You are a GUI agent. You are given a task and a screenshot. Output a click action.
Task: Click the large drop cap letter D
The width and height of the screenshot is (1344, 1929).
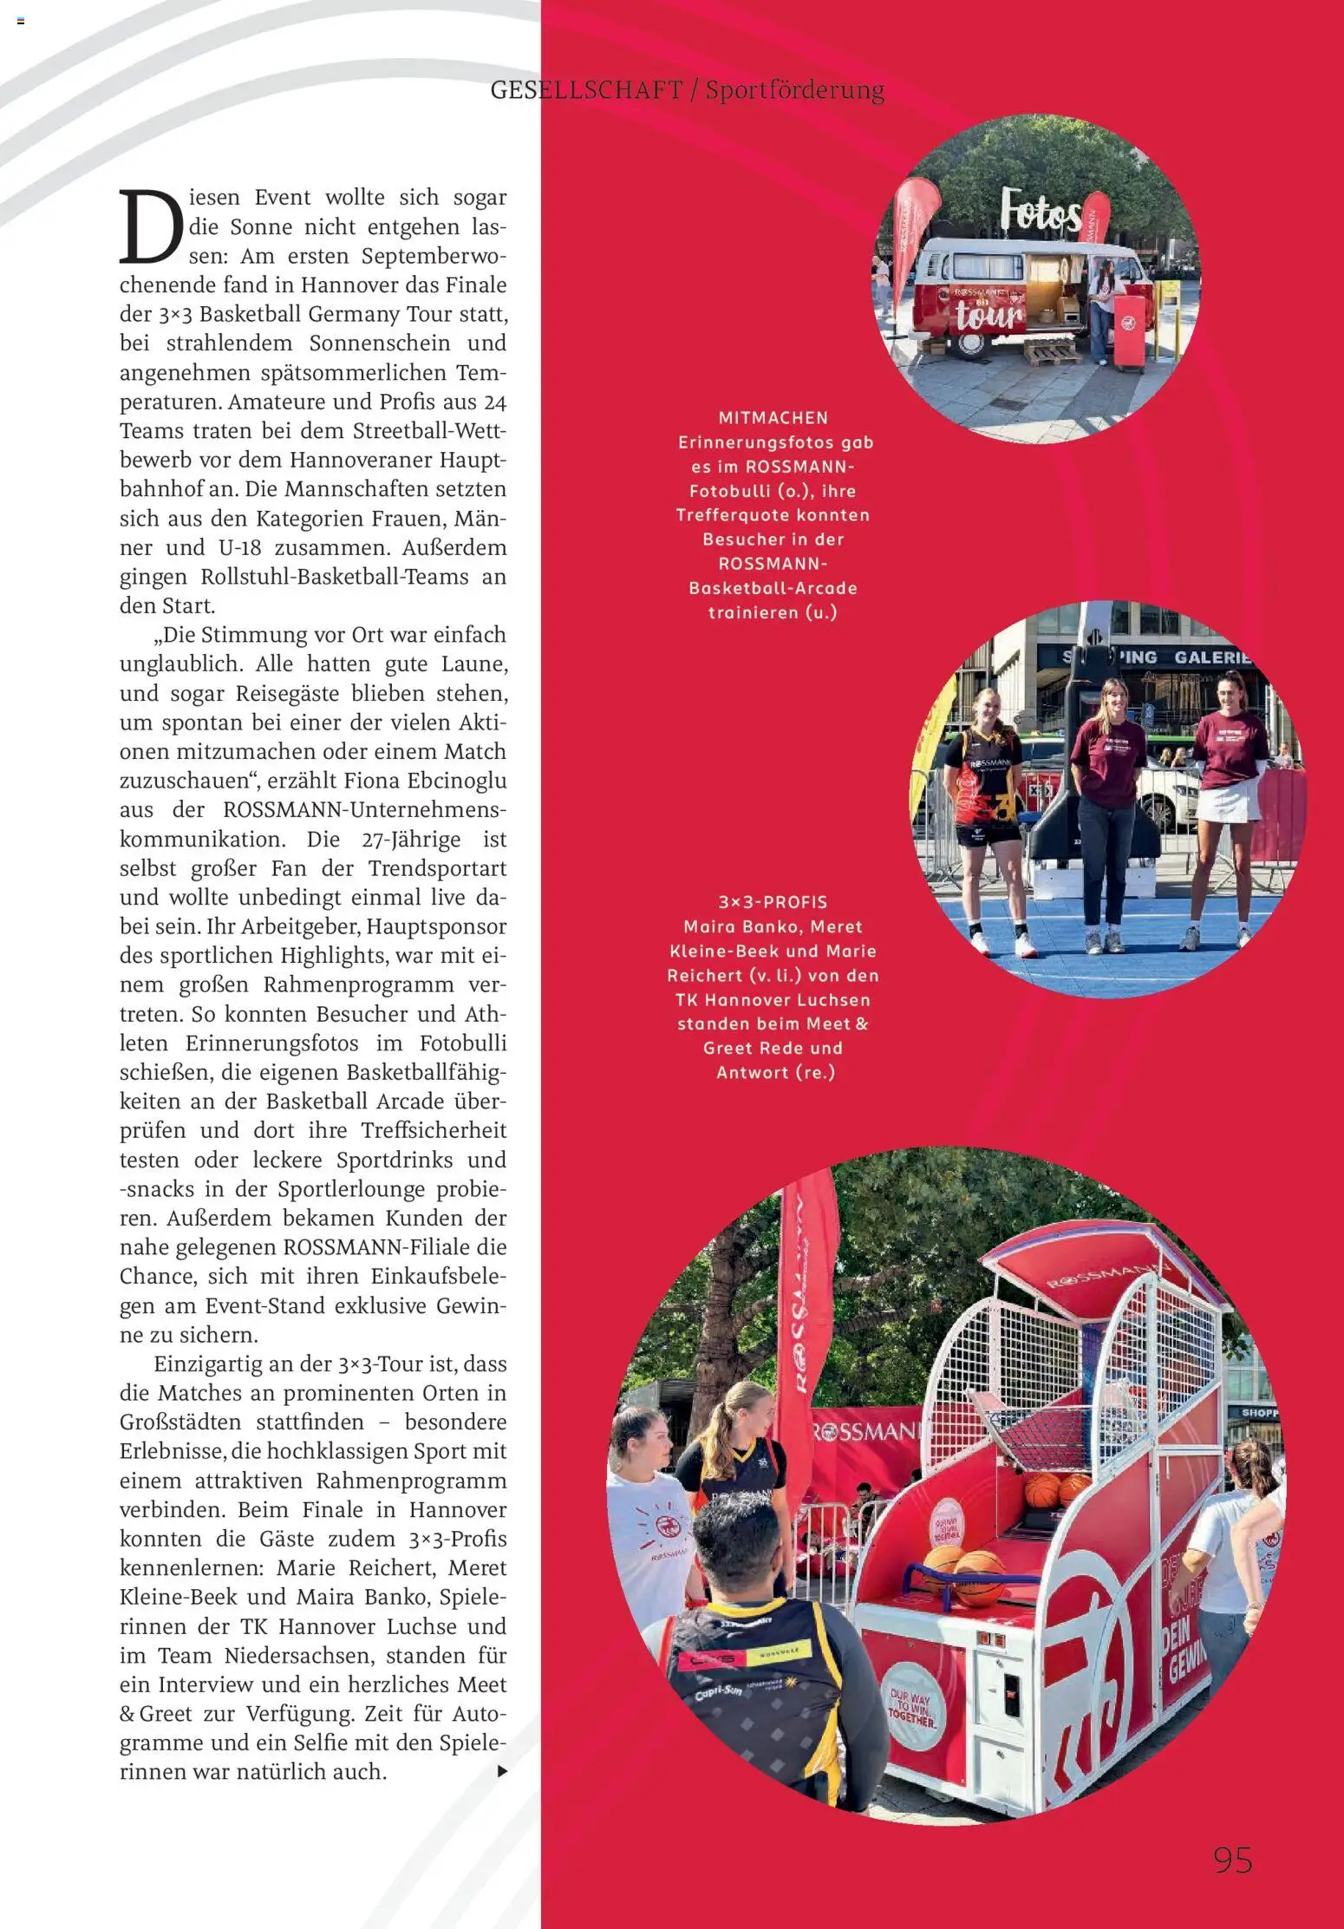coord(151,227)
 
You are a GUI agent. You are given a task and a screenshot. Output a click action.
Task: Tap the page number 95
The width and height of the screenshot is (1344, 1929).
coord(1232,1860)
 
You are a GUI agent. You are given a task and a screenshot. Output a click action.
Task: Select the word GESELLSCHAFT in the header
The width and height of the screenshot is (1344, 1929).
coord(586,90)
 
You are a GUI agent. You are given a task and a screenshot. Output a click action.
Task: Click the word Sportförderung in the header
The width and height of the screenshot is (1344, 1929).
coord(794,90)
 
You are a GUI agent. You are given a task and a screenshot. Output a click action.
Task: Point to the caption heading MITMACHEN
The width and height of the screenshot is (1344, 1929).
coord(773,418)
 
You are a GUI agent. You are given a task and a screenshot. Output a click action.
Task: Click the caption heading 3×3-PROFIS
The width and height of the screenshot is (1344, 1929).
coord(773,902)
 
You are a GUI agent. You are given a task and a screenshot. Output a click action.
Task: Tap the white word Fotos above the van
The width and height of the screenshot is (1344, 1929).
coord(1041,212)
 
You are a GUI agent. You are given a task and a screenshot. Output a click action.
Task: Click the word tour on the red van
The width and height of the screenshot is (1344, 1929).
coord(988,315)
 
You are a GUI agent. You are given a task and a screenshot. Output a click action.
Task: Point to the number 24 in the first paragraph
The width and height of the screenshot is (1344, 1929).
coord(494,402)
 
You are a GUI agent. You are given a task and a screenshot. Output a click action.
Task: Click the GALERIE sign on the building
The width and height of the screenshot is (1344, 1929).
coord(1212,657)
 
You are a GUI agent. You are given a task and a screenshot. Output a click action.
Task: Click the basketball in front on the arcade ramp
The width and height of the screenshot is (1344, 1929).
coord(978,1577)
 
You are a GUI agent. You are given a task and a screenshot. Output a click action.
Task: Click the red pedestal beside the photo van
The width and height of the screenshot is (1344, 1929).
coord(1129,332)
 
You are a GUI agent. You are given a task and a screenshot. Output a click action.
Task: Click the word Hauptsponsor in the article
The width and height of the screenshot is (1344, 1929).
coord(436,926)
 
